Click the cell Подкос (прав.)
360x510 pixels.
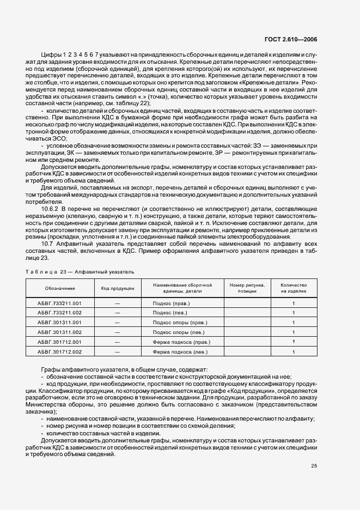click(x=170, y=302)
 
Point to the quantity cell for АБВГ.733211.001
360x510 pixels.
click(x=294, y=302)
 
